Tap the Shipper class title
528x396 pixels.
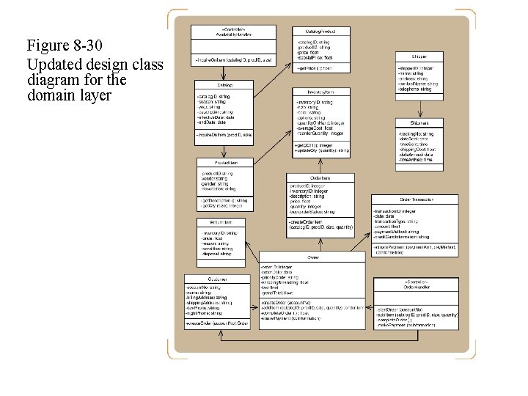419,56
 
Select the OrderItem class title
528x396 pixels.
320,177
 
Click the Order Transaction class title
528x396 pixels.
414,199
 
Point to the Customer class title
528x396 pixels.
216,279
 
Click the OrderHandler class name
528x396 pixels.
415,287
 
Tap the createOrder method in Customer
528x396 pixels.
217,323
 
